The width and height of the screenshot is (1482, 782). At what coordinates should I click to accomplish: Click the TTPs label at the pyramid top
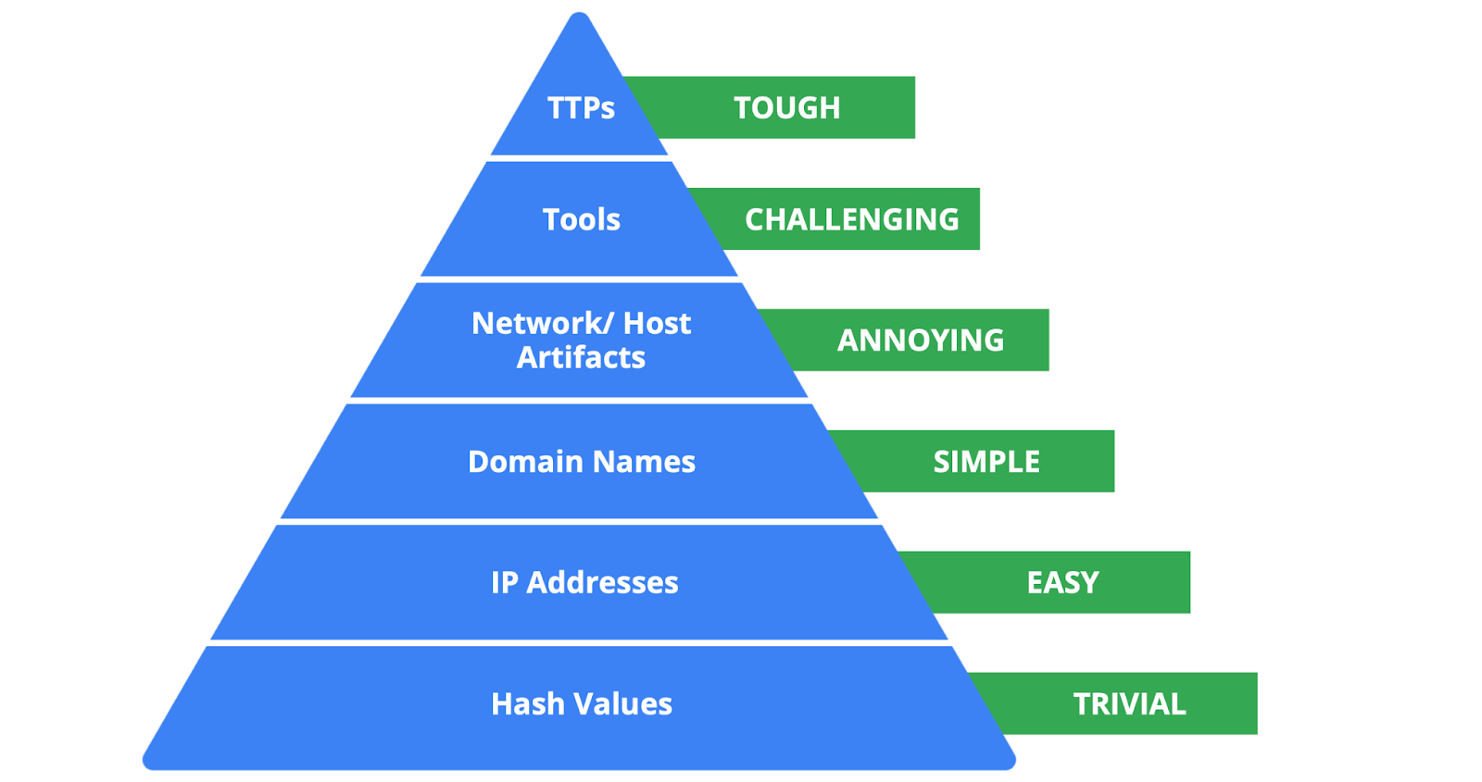tap(581, 108)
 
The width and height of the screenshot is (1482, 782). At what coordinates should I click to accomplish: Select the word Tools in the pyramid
tap(581, 219)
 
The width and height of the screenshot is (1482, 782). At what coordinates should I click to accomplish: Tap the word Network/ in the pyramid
tap(542, 323)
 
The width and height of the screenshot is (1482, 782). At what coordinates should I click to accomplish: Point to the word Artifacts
tap(581, 357)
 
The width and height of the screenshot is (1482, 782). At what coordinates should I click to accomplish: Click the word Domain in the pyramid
tap(525, 461)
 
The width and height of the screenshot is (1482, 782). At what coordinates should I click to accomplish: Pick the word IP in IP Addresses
tap(504, 582)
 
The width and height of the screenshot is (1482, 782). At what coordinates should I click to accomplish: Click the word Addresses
tap(602, 582)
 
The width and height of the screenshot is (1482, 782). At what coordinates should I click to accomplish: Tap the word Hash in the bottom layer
tap(528, 703)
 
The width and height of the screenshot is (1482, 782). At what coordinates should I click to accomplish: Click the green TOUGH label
tap(786, 107)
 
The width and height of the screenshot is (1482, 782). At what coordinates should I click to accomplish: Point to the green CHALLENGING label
tap(851, 219)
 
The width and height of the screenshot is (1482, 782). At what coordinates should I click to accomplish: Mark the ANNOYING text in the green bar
tap(920, 340)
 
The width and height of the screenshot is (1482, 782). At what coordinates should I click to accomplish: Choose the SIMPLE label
tap(986, 461)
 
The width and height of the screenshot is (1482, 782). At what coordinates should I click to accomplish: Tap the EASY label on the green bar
tap(1062, 582)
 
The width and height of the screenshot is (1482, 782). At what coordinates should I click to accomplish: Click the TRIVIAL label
tap(1129, 703)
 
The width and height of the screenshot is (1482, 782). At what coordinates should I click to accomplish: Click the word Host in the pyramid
tap(657, 323)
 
